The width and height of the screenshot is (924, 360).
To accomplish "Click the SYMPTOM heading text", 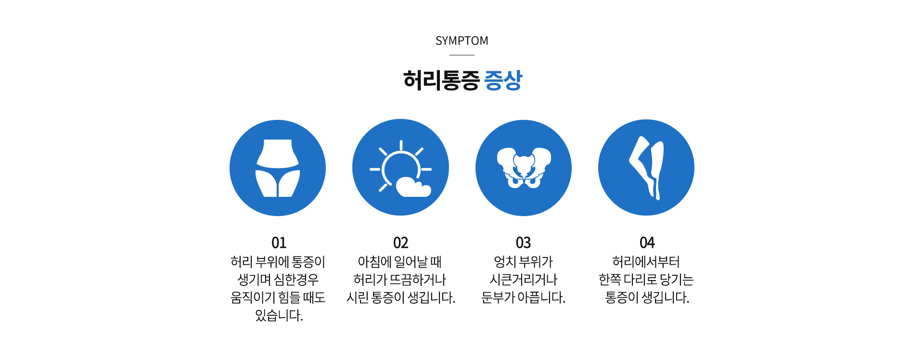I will (x=462, y=41).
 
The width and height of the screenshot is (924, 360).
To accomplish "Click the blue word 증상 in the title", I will (x=503, y=80).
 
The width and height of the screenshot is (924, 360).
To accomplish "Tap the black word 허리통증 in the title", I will (x=441, y=80).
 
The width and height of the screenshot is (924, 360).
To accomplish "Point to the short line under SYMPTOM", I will (x=462, y=55).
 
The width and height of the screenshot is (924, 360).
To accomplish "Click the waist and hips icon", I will (x=278, y=168).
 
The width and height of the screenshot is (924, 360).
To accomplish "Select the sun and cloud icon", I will (x=400, y=168).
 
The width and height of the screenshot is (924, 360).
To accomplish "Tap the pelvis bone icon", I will (x=524, y=168).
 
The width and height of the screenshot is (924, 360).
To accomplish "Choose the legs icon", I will (x=646, y=168).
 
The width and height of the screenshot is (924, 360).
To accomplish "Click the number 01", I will (x=279, y=243).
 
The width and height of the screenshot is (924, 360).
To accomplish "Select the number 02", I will (x=400, y=243).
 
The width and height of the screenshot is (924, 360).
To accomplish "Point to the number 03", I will (x=523, y=243).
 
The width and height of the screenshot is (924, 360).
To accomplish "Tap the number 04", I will (x=647, y=243).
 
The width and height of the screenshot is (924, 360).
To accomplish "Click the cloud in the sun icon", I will (x=413, y=188).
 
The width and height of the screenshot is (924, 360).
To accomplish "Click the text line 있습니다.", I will (x=279, y=316).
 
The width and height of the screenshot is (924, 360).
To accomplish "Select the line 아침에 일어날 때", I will (x=399, y=262).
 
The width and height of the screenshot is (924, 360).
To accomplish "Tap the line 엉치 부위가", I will (x=523, y=262).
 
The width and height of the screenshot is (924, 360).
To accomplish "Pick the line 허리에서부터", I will (x=646, y=262).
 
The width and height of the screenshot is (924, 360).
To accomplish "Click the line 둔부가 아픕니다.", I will (x=523, y=298).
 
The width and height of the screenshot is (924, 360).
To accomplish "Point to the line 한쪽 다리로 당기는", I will (x=646, y=280).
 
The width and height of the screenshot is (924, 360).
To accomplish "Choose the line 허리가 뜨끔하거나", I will (x=399, y=280).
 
